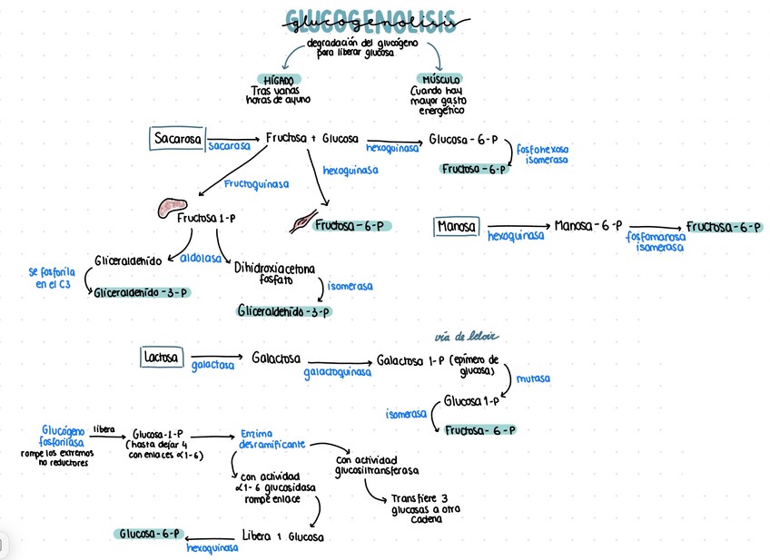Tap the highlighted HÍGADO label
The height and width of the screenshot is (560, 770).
(x=278, y=80)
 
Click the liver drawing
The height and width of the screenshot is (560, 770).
(x=169, y=208)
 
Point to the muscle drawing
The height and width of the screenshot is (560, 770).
(x=302, y=221)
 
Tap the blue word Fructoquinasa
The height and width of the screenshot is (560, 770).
(x=257, y=184)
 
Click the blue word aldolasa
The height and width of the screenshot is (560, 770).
(x=201, y=258)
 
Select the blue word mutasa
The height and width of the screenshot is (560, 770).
(x=533, y=378)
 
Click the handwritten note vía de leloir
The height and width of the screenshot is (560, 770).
(x=467, y=337)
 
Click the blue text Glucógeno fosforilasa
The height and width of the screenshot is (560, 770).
(x=63, y=436)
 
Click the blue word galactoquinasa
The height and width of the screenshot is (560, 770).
(x=337, y=372)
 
